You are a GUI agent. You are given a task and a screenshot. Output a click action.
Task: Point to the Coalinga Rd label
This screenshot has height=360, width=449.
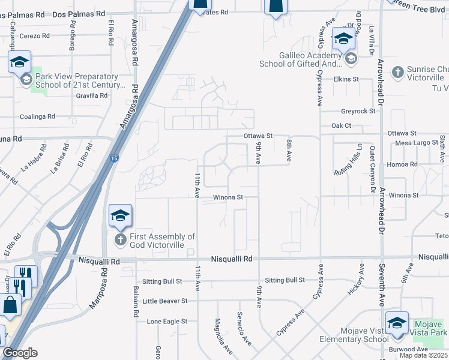(37, 116)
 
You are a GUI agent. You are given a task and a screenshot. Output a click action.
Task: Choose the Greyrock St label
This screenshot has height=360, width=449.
(358, 111)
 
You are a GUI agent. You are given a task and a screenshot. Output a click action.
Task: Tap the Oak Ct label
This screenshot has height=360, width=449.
(341, 126)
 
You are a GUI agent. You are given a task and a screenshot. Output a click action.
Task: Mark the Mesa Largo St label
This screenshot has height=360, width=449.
(417, 143)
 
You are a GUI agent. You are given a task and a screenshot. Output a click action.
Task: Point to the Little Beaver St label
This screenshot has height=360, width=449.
(165, 301)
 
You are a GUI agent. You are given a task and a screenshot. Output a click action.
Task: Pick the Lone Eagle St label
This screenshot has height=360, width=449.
(167, 322)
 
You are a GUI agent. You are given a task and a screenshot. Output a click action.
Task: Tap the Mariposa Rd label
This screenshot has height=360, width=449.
(99, 288)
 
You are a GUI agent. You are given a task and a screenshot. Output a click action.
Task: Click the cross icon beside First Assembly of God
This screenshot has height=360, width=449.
(120, 239)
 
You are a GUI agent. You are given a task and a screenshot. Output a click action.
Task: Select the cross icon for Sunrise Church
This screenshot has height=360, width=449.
(397, 73)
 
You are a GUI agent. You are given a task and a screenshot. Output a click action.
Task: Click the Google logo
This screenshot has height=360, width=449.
(20, 353)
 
